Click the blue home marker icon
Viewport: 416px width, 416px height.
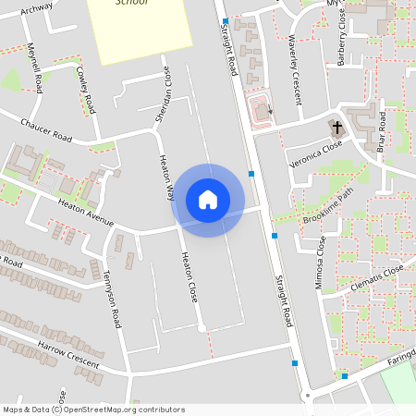click(x=208, y=200)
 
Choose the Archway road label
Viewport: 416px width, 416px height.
click(x=36, y=7)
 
